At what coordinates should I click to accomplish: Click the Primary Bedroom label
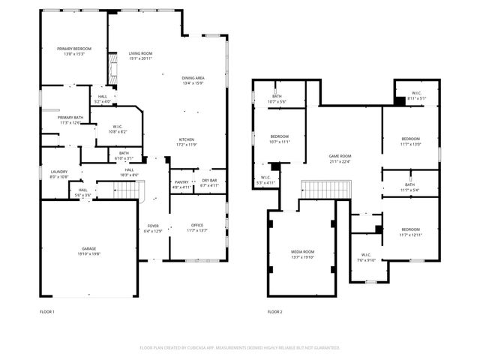pyautogui.click(x=73, y=49)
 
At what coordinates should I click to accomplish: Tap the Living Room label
pyautogui.click(x=140, y=53)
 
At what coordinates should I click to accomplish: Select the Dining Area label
pyautogui.click(x=193, y=78)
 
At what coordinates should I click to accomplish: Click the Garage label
pyautogui.click(x=88, y=248)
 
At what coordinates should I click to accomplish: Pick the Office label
pyautogui.click(x=197, y=225)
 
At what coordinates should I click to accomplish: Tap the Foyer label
pyautogui.click(x=153, y=225)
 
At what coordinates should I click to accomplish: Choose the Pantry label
pyautogui.click(x=181, y=181)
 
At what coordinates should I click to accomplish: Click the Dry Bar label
pyautogui.click(x=209, y=181)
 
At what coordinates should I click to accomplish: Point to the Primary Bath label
pyautogui.click(x=70, y=118)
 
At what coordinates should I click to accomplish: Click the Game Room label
pyautogui.click(x=340, y=156)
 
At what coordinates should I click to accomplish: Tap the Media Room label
pyautogui.click(x=303, y=251)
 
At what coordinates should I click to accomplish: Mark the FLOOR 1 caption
pyautogui.click(x=47, y=311)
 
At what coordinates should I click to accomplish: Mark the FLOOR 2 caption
pyautogui.click(x=274, y=311)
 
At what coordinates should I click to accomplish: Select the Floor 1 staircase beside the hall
pyautogui.click(x=130, y=193)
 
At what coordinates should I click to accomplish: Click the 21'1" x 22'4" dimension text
pyautogui.click(x=340, y=161)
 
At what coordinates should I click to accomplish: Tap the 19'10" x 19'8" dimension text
pyautogui.click(x=88, y=253)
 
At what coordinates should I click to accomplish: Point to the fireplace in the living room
pyautogui.click(x=114, y=69)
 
